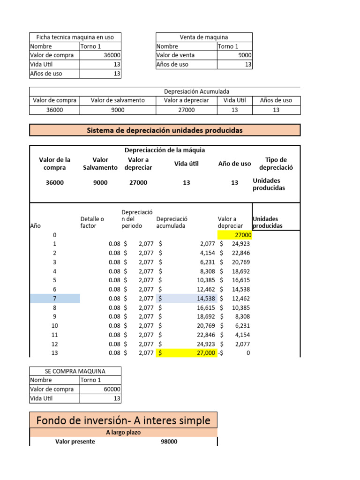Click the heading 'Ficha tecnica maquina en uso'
point(75,37)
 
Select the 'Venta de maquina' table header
point(203,37)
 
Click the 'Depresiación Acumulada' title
point(196,91)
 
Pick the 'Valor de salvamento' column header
point(118,100)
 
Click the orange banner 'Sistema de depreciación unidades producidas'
point(165,130)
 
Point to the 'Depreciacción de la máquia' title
point(165,150)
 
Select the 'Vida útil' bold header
point(186,164)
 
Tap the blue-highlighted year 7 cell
point(55,298)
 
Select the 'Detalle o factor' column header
point(92,222)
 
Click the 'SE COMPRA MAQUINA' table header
point(75,371)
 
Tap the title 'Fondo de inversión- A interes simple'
point(123,420)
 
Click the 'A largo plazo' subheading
point(123,433)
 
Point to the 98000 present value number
point(169,442)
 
